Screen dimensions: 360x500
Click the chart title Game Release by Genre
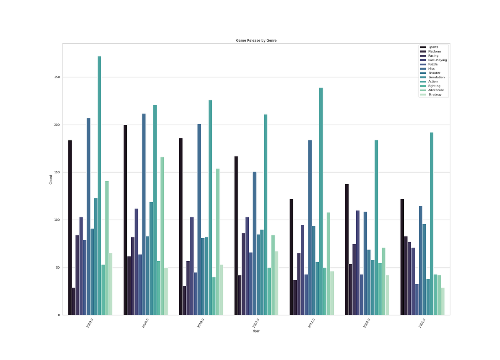[256, 40]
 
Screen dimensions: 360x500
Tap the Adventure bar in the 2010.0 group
[217, 242]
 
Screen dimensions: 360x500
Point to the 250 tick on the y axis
[57, 77]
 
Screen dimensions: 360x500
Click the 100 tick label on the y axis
[57, 220]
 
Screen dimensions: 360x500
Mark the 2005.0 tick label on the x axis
[422, 323]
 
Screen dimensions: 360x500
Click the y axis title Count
[51, 179]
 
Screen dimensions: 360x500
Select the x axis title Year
[256, 331]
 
